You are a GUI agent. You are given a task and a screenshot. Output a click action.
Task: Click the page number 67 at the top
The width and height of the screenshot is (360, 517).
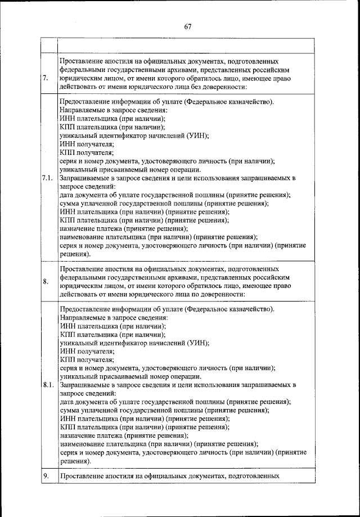point(187,26)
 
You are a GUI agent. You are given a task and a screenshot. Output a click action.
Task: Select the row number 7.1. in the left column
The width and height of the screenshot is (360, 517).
point(47,178)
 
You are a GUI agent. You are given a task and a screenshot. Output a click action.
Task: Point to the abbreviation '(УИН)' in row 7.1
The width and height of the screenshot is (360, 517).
point(193,136)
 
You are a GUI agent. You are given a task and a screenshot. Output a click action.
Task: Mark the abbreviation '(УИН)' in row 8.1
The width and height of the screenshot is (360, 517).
point(193,342)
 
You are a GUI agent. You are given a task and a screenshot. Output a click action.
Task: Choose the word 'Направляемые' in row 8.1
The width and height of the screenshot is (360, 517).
point(82,317)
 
